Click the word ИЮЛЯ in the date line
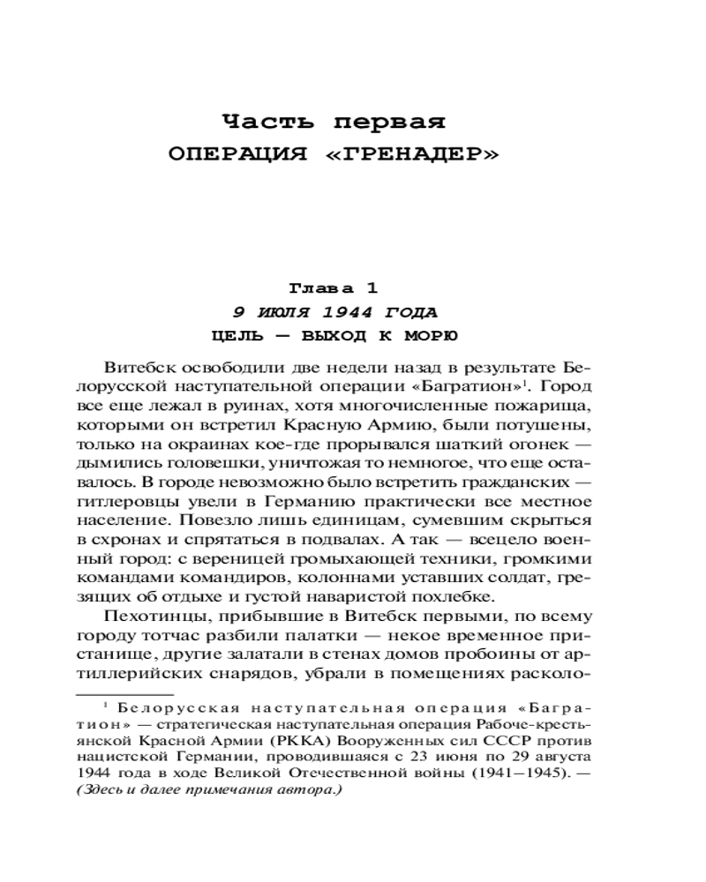click(289, 312)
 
